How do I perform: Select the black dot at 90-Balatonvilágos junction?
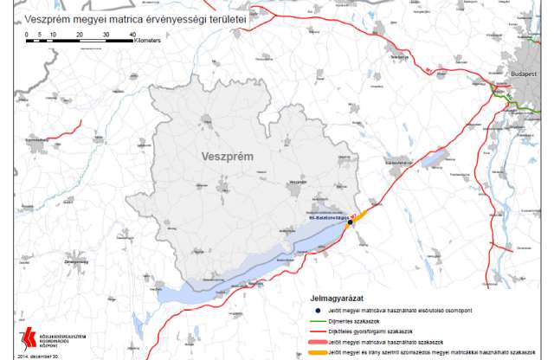(x=351, y=222)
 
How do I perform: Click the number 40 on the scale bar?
(x=132, y=34)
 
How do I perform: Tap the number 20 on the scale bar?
(x=80, y=34)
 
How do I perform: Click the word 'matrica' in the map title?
(x=119, y=17)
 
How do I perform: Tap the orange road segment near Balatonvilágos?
(x=362, y=213)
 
